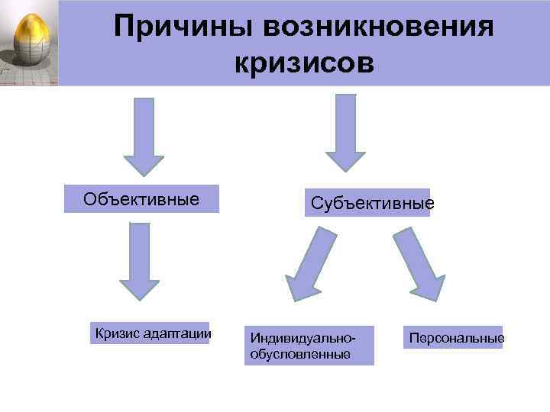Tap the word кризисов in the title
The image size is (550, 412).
[304, 63]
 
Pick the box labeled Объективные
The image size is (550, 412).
[141, 199]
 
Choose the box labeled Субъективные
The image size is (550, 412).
[368, 203]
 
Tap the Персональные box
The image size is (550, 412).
[456, 336]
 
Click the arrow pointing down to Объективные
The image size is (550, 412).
[144, 136]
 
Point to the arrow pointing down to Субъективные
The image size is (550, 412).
[346, 131]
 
